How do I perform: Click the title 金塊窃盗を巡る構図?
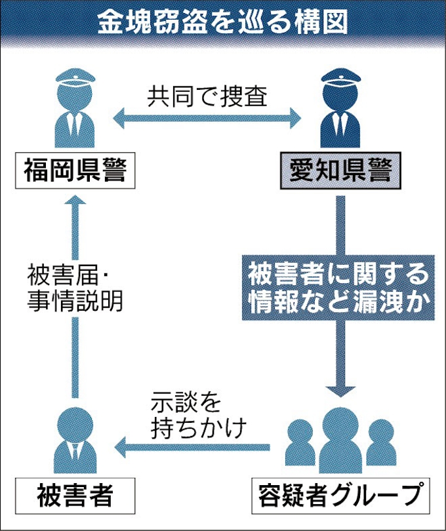click(222, 24)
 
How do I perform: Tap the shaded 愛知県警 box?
click(340, 172)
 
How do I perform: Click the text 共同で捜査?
click(207, 96)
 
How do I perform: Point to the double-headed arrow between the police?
click(207, 119)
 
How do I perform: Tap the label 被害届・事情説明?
click(77, 288)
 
